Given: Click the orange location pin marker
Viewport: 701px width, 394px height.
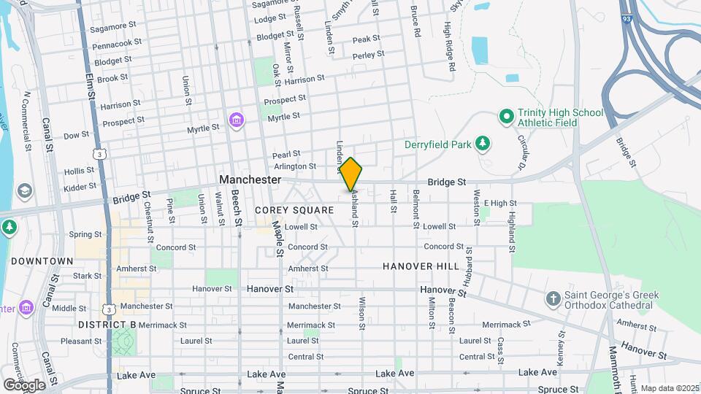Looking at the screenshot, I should click(x=351, y=174).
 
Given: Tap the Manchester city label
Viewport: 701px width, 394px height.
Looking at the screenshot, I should click(x=250, y=179).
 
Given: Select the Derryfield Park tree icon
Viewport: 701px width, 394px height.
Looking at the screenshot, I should click(x=482, y=144).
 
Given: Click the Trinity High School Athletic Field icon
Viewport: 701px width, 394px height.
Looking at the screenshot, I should click(x=505, y=116).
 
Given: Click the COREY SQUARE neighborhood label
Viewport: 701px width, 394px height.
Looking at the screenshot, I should click(x=294, y=210).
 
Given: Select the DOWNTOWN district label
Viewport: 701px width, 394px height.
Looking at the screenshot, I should click(x=42, y=260).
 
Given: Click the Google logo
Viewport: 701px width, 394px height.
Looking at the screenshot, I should click(x=23, y=385).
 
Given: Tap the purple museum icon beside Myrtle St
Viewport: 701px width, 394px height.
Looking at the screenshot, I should click(x=236, y=120).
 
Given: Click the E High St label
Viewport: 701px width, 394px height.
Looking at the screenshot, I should click(x=499, y=204).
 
